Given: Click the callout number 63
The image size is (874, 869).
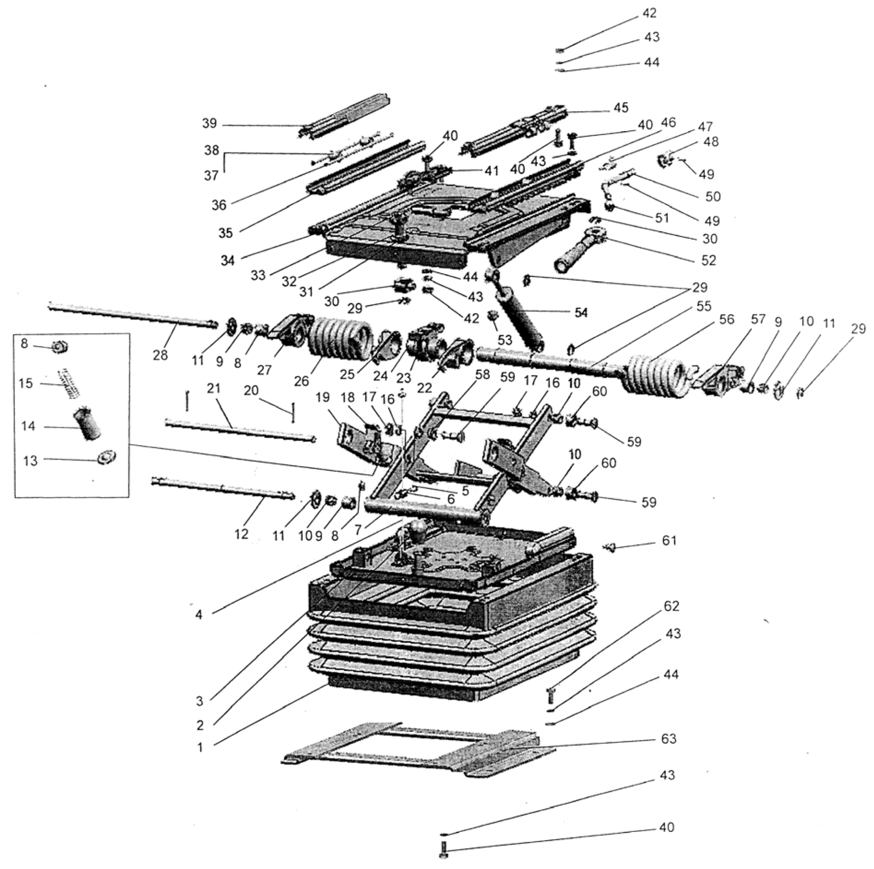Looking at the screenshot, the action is (668, 738).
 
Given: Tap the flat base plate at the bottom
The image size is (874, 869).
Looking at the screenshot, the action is (418, 749).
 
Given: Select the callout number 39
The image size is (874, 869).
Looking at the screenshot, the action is (209, 123).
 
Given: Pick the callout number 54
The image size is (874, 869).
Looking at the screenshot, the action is (581, 312).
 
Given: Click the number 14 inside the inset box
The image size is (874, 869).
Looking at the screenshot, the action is (28, 425).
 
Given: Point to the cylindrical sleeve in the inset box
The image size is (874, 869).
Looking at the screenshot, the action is (87, 422).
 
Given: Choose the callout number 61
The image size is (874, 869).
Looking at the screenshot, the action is (669, 540).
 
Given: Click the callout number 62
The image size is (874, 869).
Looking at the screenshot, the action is (671, 606).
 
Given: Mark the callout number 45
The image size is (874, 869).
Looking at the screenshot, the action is (621, 108).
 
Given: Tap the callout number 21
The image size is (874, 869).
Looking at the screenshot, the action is (214, 388).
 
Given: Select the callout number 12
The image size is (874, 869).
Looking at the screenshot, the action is (241, 534).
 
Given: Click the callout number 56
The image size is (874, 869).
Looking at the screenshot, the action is (727, 319).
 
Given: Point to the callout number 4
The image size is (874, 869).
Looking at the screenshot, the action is (199, 615).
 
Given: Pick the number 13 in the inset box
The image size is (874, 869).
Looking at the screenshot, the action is (30, 460).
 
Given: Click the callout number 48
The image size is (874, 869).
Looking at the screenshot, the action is (711, 141).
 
